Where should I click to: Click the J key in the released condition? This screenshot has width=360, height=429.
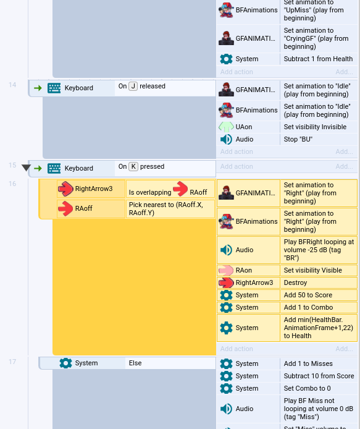coord(133,86)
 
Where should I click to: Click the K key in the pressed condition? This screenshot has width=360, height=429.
coord(133,167)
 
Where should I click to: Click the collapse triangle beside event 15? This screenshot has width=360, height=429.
coord(26,168)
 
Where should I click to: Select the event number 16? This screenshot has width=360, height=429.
coord(12,184)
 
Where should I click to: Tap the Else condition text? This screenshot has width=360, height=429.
coord(135,363)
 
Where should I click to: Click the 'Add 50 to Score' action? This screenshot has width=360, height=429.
coord(308,295)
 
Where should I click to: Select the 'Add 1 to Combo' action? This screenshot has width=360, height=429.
coord(308,307)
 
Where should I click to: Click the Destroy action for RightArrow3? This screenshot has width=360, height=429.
coord(295,282)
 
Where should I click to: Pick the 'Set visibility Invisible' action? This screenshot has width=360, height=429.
coord(315,127)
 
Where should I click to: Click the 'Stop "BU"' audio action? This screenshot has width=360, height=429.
coord(298,139)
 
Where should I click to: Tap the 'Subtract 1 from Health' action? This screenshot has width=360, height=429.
coord(318,59)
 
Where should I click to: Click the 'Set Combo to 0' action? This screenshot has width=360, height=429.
coord(307,388)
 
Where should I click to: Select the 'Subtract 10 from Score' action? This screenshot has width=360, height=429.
coord(319,376)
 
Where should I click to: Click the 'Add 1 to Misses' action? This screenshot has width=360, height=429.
coord(308,363)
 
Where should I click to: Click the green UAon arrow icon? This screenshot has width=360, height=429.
coord(226,127)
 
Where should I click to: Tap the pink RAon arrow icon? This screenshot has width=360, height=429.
coord(226,270)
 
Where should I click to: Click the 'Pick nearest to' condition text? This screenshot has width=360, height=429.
coord(166,209)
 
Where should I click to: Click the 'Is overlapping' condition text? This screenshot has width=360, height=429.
coord(150,192)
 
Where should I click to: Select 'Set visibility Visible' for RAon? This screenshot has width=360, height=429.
coord(312,270)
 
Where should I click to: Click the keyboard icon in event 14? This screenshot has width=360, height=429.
coord(54,88)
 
